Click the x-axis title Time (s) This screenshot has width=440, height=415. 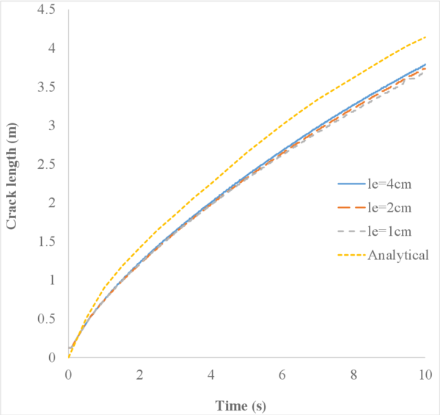[x=245, y=405]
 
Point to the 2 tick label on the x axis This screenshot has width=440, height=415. [x=139, y=374]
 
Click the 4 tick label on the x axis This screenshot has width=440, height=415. [x=210, y=374]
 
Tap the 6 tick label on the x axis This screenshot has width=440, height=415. [x=282, y=374]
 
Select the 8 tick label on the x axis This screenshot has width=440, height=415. [x=353, y=374]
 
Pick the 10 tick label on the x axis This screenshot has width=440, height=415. [x=425, y=374]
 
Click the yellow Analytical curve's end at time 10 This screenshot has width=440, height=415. [x=425, y=37]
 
